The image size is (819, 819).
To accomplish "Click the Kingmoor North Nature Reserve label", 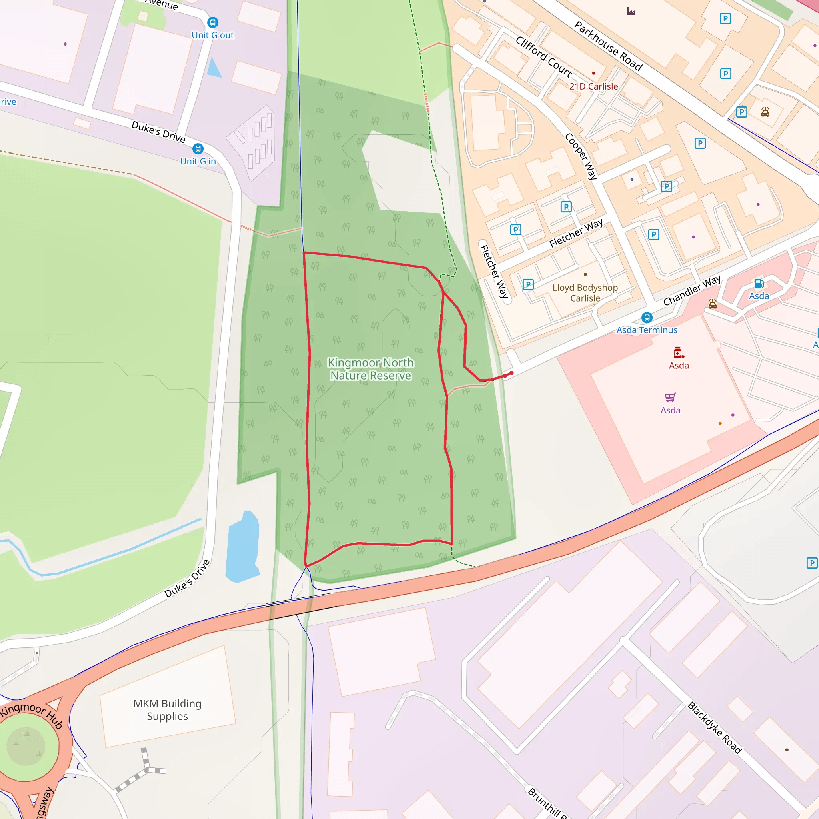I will click(370, 369).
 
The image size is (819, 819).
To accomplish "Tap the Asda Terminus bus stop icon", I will click(647, 317).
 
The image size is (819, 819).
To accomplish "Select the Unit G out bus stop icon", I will click(212, 22).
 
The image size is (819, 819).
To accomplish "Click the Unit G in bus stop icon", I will click(198, 149).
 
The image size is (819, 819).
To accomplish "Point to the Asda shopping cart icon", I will click(670, 397).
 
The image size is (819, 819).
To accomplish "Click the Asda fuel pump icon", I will click(759, 284).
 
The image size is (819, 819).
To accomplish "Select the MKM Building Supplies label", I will click(167, 710).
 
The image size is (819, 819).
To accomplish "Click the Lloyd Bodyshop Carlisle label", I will click(585, 292).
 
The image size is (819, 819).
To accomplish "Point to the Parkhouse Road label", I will click(608, 45).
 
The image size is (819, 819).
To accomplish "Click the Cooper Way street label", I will click(581, 156).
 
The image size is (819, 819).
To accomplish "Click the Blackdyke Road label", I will click(715, 727).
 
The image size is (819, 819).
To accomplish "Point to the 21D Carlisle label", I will click(593, 86).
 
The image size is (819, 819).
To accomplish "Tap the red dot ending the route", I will click(511, 373).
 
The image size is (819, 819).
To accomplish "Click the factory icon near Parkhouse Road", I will click(631, 11).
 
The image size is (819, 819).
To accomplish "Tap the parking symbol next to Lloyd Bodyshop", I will click(528, 284).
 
